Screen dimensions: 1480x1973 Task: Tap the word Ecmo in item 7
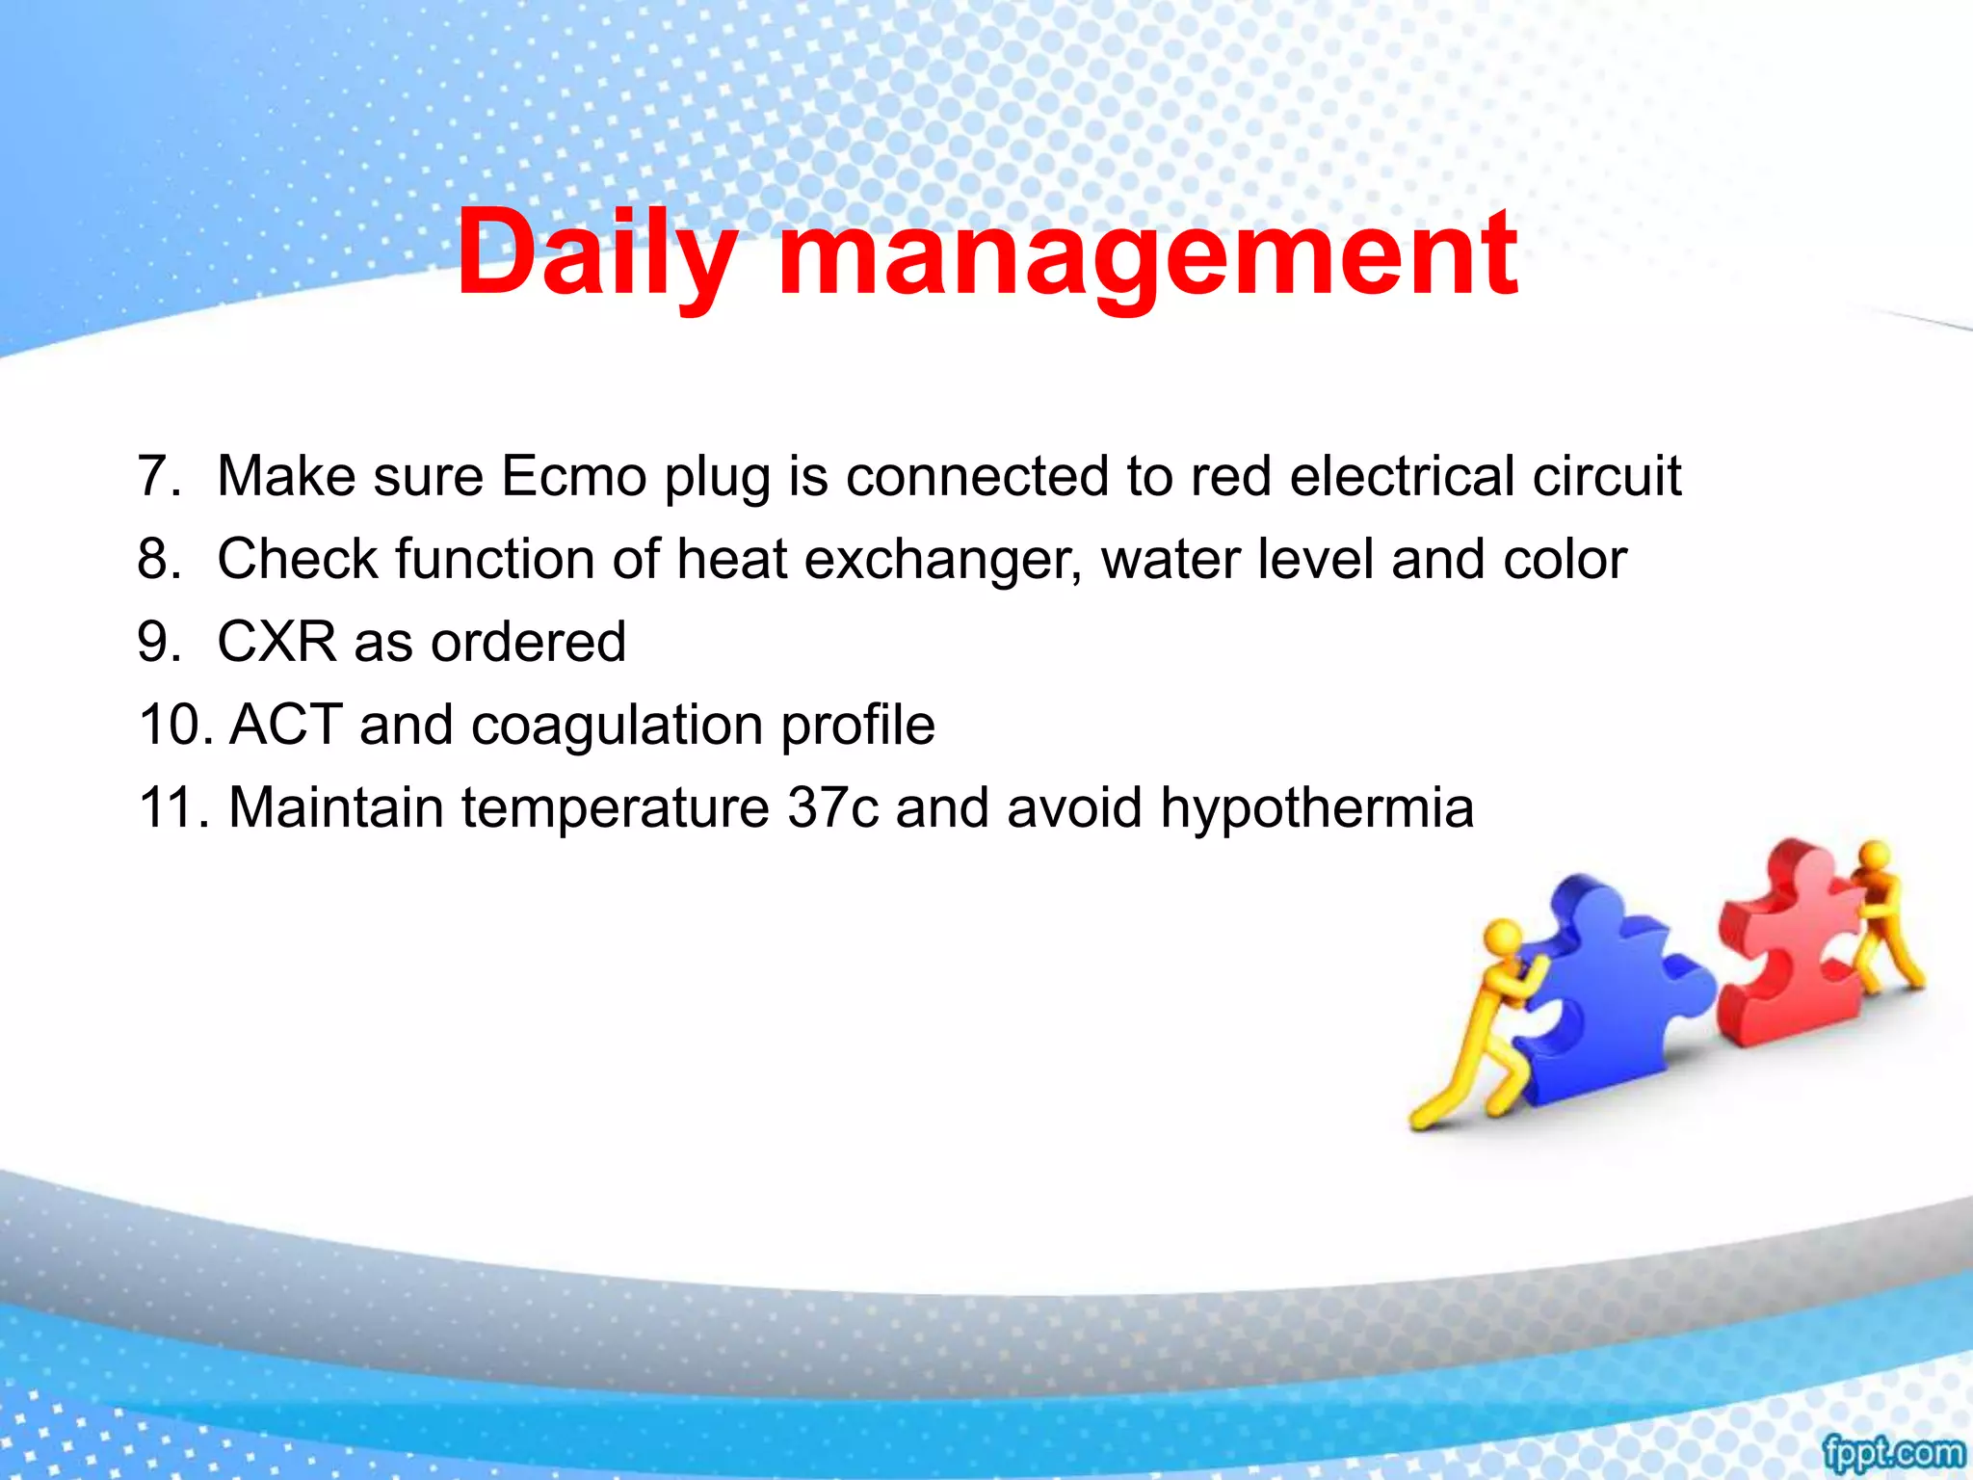(573, 476)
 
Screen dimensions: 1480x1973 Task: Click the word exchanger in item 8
(941, 560)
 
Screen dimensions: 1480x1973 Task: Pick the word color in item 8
(1565, 560)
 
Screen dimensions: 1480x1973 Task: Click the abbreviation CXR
(276, 642)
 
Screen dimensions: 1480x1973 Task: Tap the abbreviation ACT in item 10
(286, 725)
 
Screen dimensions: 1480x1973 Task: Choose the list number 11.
(173, 807)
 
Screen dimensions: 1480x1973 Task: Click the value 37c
(832, 807)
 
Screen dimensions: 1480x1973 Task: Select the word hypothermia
(1316, 807)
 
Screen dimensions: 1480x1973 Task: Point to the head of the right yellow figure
(1875, 855)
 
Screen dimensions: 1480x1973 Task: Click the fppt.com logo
(1892, 1452)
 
